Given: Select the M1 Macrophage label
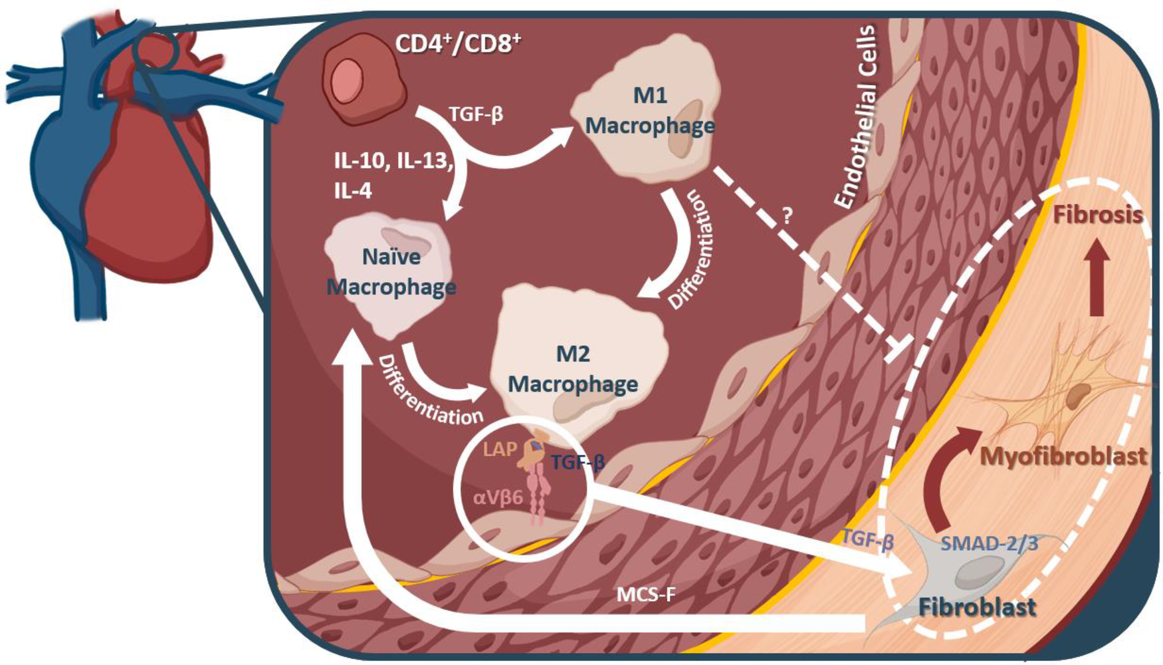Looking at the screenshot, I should pyautogui.click(x=649, y=110).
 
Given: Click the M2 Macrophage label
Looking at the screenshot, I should pyautogui.click(x=573, y=368).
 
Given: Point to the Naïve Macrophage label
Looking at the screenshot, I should pyautogui.click(x=391, y=271).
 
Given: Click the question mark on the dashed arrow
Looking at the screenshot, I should pyautogui.click(x=787, y=215).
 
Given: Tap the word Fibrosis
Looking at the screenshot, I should pyautogui.click(x=1097, y=215).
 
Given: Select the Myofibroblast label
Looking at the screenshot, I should pyautogui.click(x=1063, y=456).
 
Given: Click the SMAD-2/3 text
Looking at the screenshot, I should pyautogui.click(x=989, y=543).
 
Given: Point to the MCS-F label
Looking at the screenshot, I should pyautogui.click(x=646, y=594).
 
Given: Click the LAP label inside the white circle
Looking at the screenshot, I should pyautogui.click(x=500, y=450).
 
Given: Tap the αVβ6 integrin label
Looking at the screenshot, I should pyautogui.click(x=498, y=497).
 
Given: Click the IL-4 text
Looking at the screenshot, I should pyautogui.click(x=353, y=192).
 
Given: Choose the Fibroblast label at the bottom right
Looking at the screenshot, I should pyautogui.click(x=977, y=606).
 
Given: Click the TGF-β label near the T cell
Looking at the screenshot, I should pyautogui.click(x=476, y=114).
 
